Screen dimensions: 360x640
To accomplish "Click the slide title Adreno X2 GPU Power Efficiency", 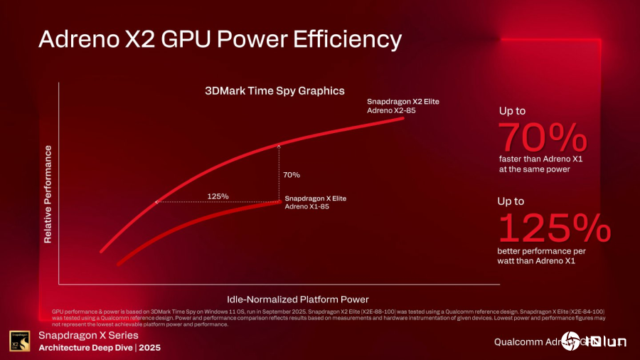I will (220, 39).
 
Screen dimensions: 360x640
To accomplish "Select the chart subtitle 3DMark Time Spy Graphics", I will (274, 91).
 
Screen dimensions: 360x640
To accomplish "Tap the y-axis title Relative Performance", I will (48, 194).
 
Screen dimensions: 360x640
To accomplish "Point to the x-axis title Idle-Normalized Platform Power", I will (297, 299).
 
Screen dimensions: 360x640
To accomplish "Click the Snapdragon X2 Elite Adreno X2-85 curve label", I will (402, 106).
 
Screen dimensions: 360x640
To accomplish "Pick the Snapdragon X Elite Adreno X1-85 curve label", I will (315, 201).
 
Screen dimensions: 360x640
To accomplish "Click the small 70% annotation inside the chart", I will (291, 175).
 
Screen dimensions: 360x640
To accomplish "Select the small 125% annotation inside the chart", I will (218, 196).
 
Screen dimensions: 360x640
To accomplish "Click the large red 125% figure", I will (554, 228).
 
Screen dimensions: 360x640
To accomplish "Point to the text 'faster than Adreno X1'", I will (535, 159).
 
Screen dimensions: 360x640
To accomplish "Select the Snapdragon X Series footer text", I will (88, 335).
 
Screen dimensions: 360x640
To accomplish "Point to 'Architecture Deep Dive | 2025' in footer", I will (100, 348).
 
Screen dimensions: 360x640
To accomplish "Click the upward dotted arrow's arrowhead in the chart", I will (279, 144).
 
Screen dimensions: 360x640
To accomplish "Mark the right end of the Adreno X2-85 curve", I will (403, 118).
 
